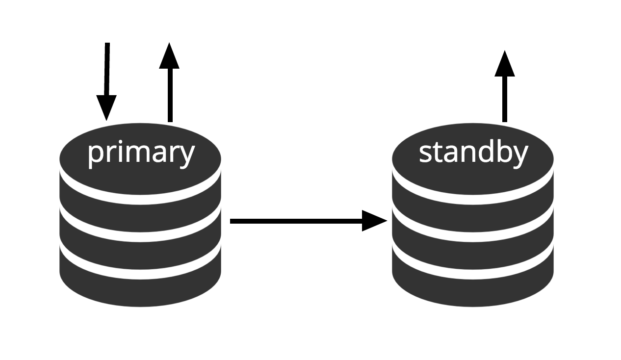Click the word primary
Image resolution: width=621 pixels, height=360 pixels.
point(141,153)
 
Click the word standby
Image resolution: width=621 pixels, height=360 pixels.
point(473,153)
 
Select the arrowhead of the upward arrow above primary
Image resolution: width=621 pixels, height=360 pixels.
point(170,56)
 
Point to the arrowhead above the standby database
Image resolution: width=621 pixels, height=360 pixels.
point(504,64)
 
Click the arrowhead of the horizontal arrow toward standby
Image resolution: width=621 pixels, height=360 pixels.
point(374,221)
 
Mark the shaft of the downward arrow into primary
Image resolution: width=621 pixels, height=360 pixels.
point(107,69)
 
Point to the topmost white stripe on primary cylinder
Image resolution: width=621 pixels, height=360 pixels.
point(141,199)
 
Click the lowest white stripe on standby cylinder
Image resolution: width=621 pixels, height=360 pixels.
point(473,274)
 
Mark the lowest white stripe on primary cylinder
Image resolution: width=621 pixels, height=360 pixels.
point(141,274)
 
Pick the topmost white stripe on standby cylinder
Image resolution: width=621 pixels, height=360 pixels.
point(473,199)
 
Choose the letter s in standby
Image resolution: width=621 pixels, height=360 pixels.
point(425,154)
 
